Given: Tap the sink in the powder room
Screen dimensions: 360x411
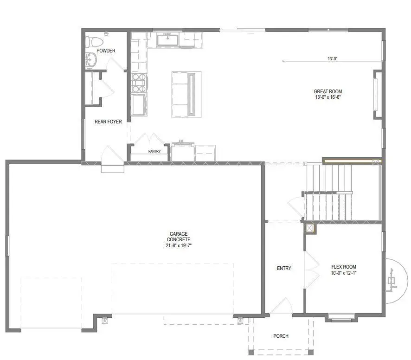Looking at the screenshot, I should click(91, 60).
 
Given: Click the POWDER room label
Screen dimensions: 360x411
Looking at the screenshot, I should click(106, 51).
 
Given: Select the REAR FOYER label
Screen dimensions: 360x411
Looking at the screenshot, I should click(108, 122).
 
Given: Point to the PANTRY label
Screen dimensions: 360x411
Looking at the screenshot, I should click(154, 151).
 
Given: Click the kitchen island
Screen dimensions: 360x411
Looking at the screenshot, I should click(186, 94).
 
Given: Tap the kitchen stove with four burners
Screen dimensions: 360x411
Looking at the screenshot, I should click(139, 84).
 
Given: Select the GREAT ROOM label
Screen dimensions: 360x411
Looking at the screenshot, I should click(328, 91).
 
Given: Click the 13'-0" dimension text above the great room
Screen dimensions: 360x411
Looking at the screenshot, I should click(332, 59).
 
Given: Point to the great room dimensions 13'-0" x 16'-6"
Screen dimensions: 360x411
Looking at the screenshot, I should click(328, 97).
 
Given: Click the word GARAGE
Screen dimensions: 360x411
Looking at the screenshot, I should click(179, 234).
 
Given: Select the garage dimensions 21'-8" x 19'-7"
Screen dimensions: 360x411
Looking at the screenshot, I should click(179, 245).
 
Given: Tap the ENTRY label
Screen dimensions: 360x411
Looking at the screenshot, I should click(284, 269).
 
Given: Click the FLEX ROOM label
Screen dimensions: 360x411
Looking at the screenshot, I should click(344, 267).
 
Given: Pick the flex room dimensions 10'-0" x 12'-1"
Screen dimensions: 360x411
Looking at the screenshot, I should click(344, 273).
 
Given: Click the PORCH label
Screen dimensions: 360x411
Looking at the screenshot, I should click(281, 336).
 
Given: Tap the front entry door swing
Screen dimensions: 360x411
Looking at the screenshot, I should click(282, 306).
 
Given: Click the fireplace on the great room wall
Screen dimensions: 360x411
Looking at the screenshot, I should click(377, 91).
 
